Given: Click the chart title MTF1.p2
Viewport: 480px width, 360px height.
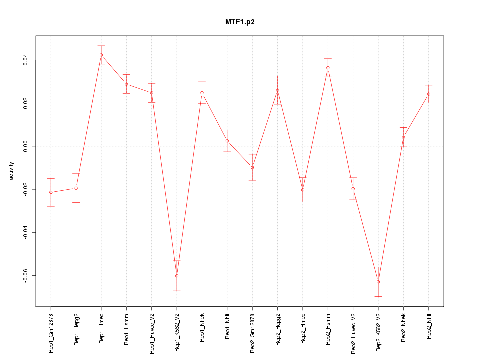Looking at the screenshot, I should (x=240, y=22).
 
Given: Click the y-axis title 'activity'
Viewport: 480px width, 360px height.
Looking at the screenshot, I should (x=12, y=171).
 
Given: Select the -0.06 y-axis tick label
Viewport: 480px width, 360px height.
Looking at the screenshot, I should (x=25, y=276).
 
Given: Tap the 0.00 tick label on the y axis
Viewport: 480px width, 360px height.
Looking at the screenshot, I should (x=25, y=146).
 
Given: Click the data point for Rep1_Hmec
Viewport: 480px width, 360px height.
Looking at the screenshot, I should (x=101, y=55).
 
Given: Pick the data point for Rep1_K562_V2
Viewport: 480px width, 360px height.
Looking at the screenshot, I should (x=177, y=276).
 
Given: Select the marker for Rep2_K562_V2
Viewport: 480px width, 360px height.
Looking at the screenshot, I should (x=378, y=282).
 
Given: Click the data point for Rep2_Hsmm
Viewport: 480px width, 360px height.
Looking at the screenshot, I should (x=328, y=68).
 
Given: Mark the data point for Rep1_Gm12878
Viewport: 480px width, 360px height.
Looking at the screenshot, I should (x=51, y=192).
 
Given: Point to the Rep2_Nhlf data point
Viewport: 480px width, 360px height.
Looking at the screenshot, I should (x=429, y=94).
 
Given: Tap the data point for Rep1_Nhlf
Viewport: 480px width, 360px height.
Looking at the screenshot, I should (x=227, y=141).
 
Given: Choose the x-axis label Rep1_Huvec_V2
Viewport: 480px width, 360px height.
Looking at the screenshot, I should (x=152, y=333).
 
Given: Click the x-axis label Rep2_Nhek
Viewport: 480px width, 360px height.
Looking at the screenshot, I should (x=404, y=327).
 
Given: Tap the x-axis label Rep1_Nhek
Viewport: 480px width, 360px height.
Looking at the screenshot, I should (x=202, y=327).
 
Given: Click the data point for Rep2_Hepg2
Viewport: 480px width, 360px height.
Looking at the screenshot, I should (x=277, y=90).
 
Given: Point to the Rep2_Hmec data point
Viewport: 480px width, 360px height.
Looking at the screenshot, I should (x=303, y=190).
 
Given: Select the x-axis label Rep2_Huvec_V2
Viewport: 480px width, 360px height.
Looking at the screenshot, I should (x=353, y=333).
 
